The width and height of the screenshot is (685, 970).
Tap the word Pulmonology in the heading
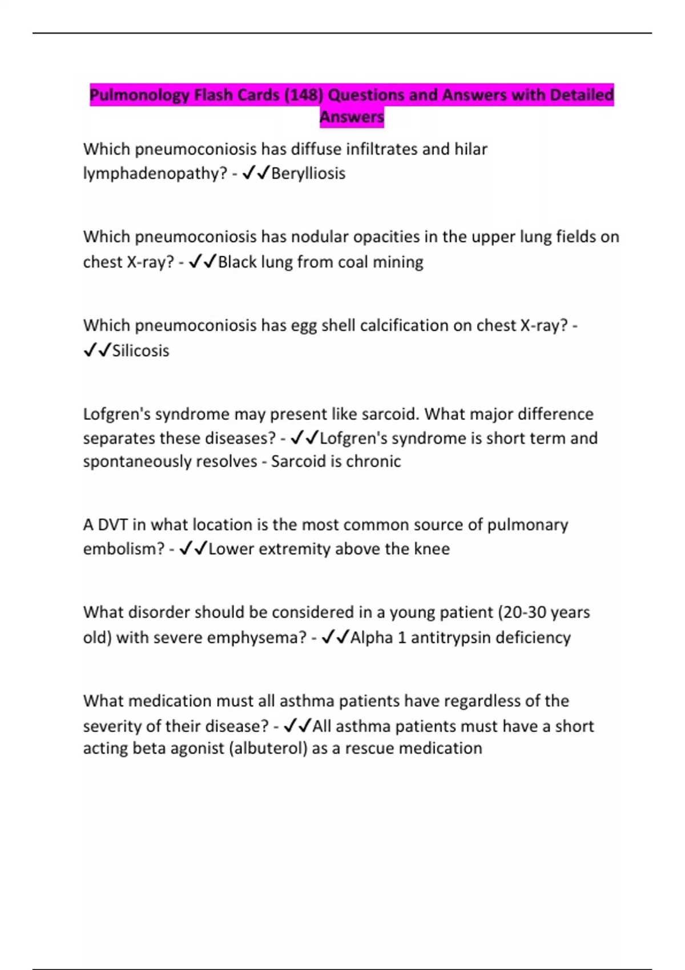pyautogui.click(x=140, y=95)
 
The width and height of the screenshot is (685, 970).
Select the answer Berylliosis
pyautogui.click(x=308, y=173)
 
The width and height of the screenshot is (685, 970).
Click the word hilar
pyautogui.click(x=470, y=149)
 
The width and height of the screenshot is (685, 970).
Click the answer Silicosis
pyautogui.click(x=140, y=350)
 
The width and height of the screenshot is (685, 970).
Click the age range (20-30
pyautogui.click(x=523, y=612)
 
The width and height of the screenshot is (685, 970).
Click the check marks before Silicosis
pyautogui.click(x=96, y=350)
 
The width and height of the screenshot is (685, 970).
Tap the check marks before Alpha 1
pyautogui.click(x=335, y=637)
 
